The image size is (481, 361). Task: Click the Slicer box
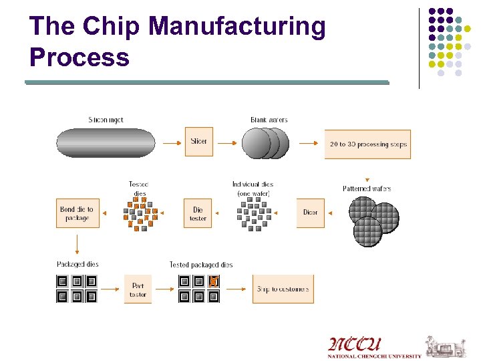click(x=198, y=142)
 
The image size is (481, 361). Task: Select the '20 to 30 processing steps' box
click(x=367, y=144)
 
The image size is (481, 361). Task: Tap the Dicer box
click(x=310, y=213)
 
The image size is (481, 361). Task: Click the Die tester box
click(x=198, y=213)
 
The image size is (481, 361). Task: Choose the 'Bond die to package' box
click(x=77, y=213)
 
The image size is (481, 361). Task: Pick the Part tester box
click(x=138, y=289)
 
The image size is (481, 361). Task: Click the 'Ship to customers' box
click(x=283, y=289)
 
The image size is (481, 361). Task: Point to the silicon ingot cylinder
click(x=106, y=143)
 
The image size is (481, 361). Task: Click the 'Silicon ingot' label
click(x=106, y=120)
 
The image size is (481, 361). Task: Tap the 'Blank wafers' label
click(x=269, y=120)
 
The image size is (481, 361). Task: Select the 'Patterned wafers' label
click(x=367, y=189)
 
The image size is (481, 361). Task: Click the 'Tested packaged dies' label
click(x=201, y=265)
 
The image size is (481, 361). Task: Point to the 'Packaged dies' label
click(x=77, y=264)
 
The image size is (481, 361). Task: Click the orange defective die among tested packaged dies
click(x=214, y=281)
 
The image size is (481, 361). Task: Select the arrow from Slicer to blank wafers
click(x=226, y=142)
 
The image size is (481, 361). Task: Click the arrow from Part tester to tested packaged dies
click(x=164, y=289)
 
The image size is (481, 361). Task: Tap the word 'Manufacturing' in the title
click(x=237, y=27)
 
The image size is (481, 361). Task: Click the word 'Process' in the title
click(x=79, y=57)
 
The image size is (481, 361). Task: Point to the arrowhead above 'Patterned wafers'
click(x=367, y=179)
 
